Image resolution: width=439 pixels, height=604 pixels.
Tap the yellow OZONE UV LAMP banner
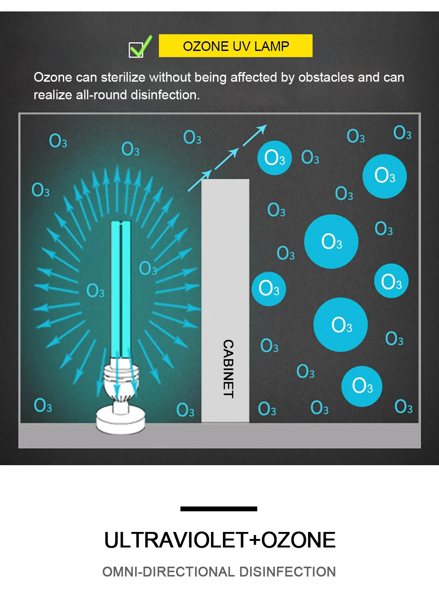point(236,46)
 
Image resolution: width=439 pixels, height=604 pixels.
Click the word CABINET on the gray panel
point(228,369)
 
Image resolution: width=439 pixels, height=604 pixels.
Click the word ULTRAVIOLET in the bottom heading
point(176,540)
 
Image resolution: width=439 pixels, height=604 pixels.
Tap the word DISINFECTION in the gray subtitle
point(288,571)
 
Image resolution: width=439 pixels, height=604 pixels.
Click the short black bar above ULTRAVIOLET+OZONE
point(219,509)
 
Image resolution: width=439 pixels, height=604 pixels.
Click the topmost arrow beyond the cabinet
point(255,135)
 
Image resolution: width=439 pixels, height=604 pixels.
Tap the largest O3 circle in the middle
point(331,242)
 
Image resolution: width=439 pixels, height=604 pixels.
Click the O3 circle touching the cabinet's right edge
point(269,289)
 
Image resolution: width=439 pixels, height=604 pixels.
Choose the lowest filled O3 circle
point(362,386)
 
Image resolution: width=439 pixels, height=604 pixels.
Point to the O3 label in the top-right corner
point(402,132)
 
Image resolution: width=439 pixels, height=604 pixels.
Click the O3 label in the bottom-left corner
point(43,405)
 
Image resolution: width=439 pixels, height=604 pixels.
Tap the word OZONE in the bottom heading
point(299,540)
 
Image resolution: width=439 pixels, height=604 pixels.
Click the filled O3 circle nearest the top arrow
point(275,158)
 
